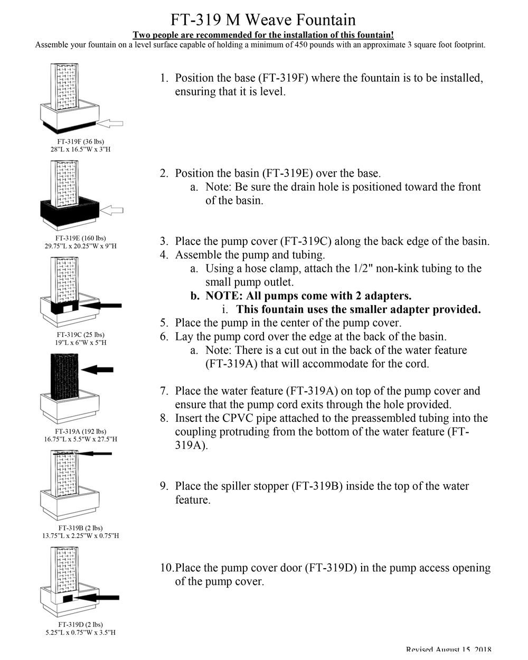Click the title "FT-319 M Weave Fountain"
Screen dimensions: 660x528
tap(263, 20)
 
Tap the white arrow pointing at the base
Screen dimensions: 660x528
tap(111, 123)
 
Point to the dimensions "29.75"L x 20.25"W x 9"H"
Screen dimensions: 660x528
tap(81, 246)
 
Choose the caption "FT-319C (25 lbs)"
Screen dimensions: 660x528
tap(81, 335)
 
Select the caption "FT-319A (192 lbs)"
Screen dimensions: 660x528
tap(81, 431)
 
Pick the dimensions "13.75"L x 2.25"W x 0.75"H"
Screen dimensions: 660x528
tap(81, 535)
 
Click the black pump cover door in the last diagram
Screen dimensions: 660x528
tap(68, 599)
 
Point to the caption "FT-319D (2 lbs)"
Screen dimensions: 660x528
tap(81, 625)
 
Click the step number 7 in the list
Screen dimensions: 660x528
tap(164, 391)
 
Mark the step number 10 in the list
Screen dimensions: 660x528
tap(166, 568)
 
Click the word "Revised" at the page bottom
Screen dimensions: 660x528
tap(419, 650)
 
